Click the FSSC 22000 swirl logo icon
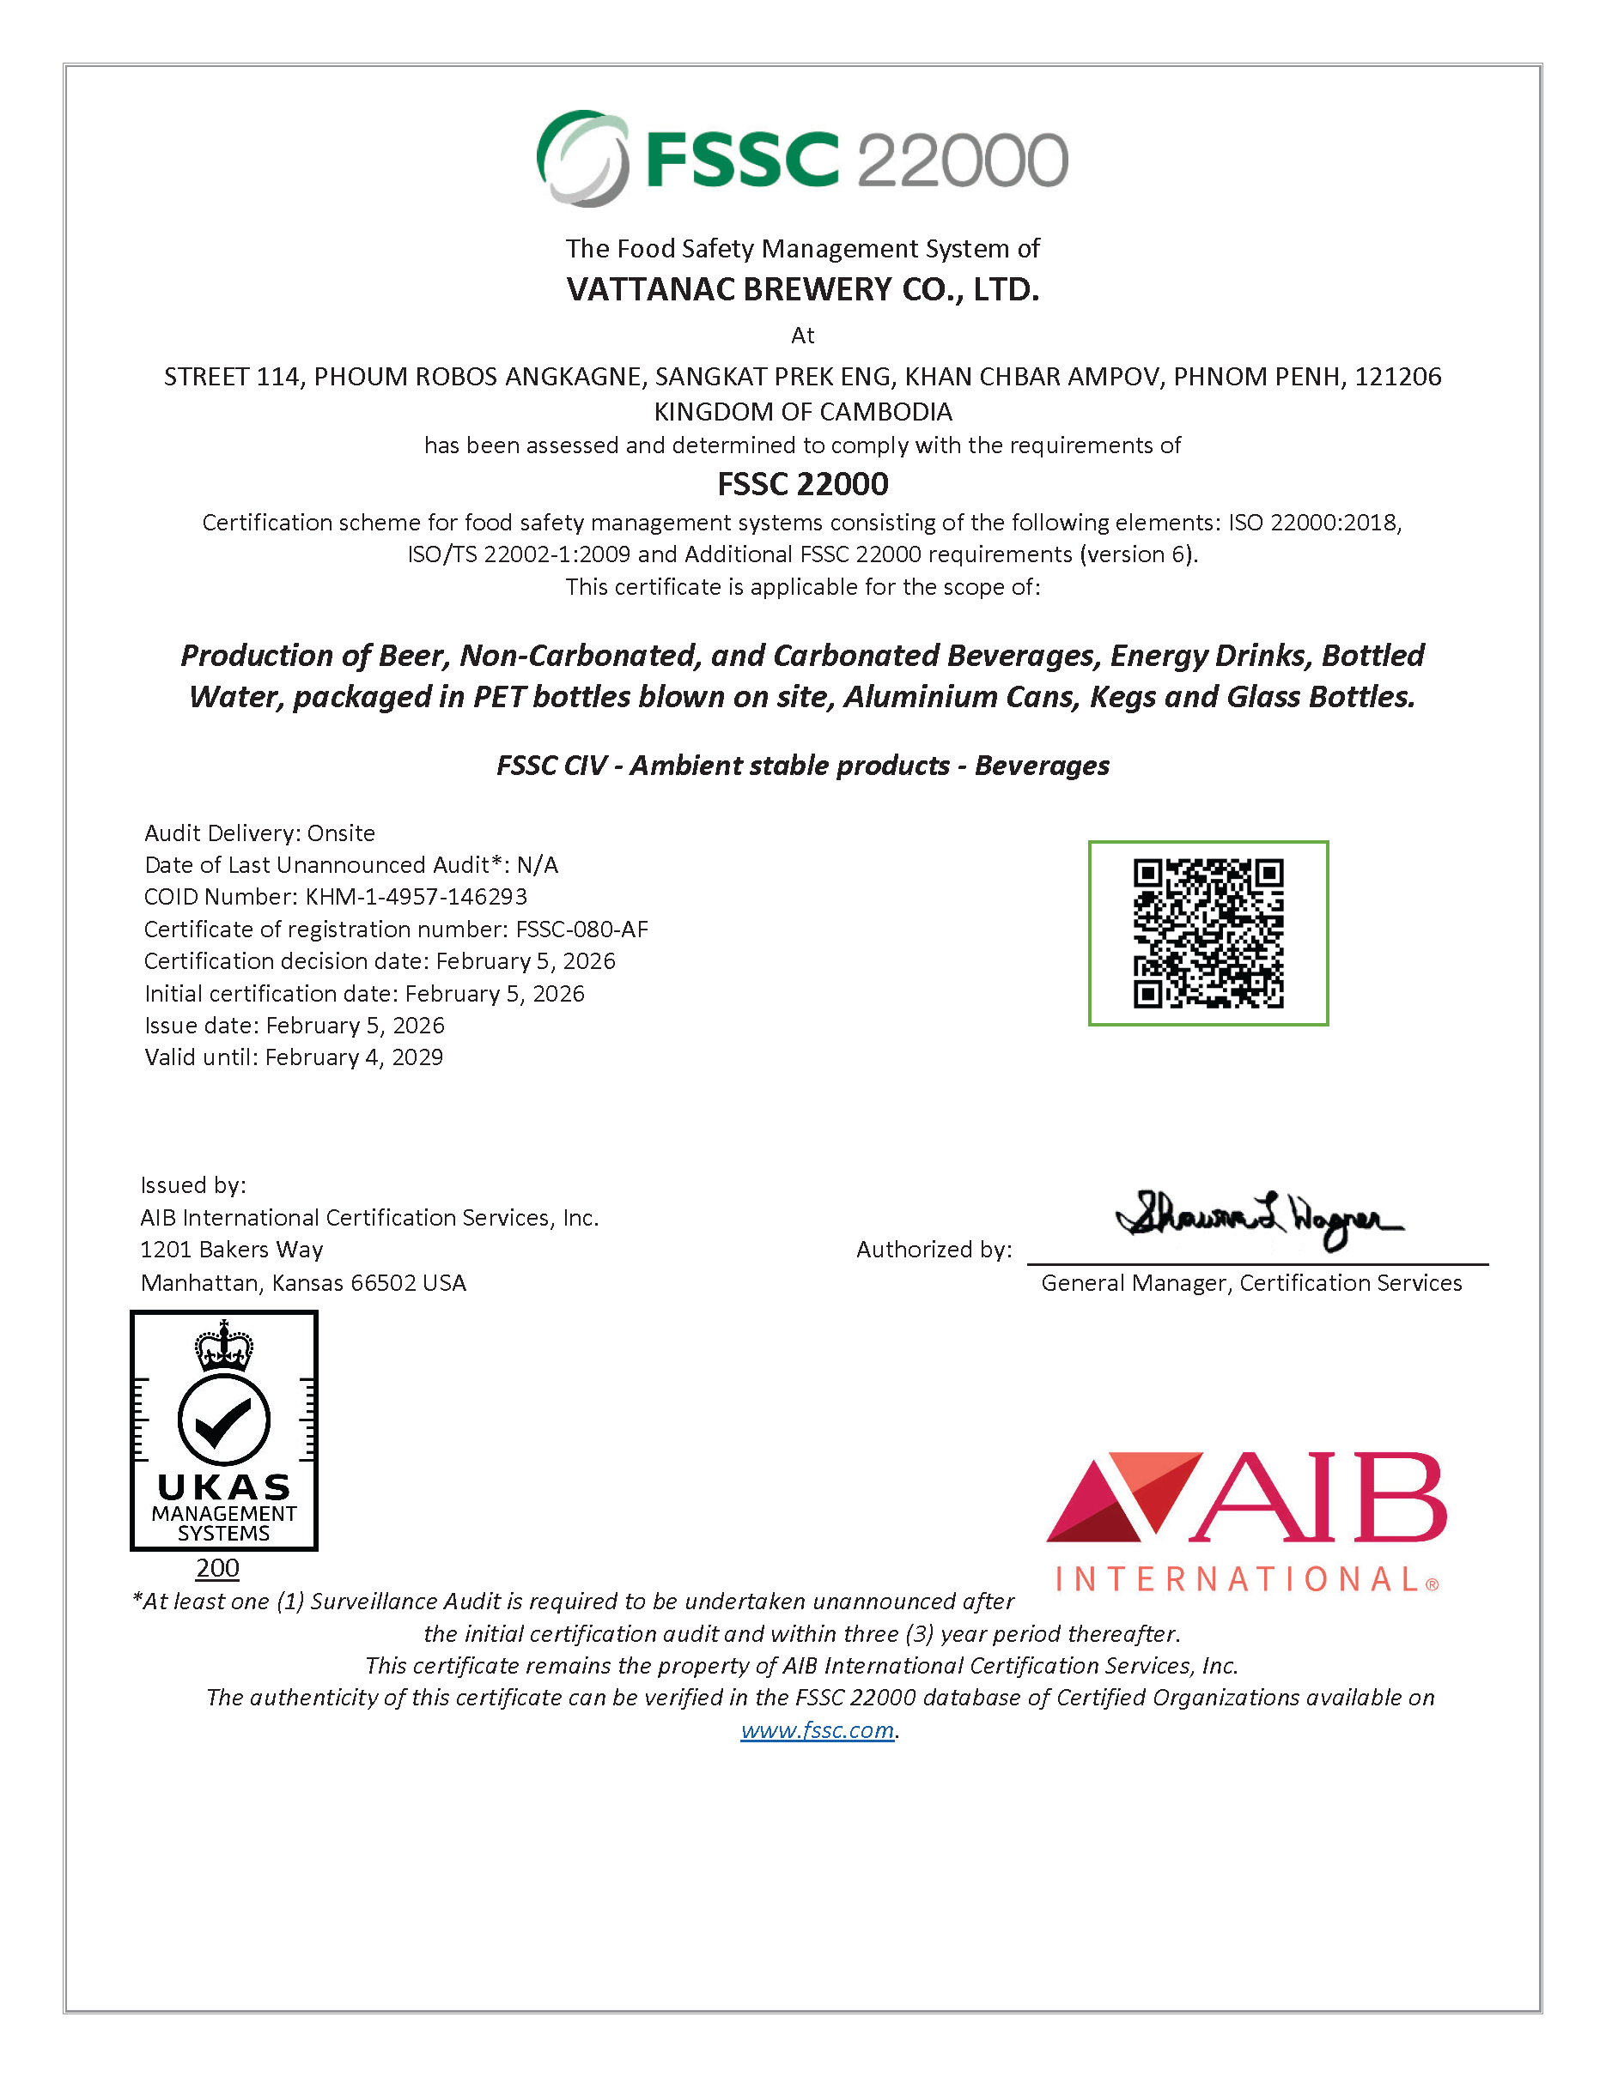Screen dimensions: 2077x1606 pyautogui.click(x=582, y=158)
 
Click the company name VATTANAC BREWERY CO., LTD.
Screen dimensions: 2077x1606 pyautogui.click(x=802, y=289)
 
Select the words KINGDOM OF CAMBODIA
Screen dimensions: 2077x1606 pyautogui.click(x=802, y=412)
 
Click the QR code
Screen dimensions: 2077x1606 pyautogui.click(x=1208, y=933)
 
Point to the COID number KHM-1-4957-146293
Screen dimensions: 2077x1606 pyautogui.click(x=416, y=897)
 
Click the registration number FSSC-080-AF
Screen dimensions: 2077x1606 pyautogui.click(x=581, y=930)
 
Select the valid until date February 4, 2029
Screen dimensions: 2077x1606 pyautogui.click(x=354, y=1057)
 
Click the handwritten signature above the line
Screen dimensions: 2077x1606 pyautogui.click(x=1258, y=1218)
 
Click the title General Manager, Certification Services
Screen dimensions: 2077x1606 pyautogui.click(x=1251, y=1283)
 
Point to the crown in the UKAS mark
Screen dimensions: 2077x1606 pyautogui.click(x=223, y=1345)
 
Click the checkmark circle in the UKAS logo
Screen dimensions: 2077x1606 pyautogui.click(x=223, y=1420)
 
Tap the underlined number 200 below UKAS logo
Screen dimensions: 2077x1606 pyautogui.click(x=217, y=1568)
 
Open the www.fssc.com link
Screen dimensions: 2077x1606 pyautogui.click(x=818, y=1730)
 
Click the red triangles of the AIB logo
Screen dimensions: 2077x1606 pyautogui.click(x=1122, y=1497)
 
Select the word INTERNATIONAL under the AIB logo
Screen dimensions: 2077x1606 pyautogui.click(x=1238, y=1579)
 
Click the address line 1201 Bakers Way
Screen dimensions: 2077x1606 pyautogui.click(x=232, y=1250)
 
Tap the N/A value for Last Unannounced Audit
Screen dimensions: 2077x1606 pyautogui.click(x=538, y=865)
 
